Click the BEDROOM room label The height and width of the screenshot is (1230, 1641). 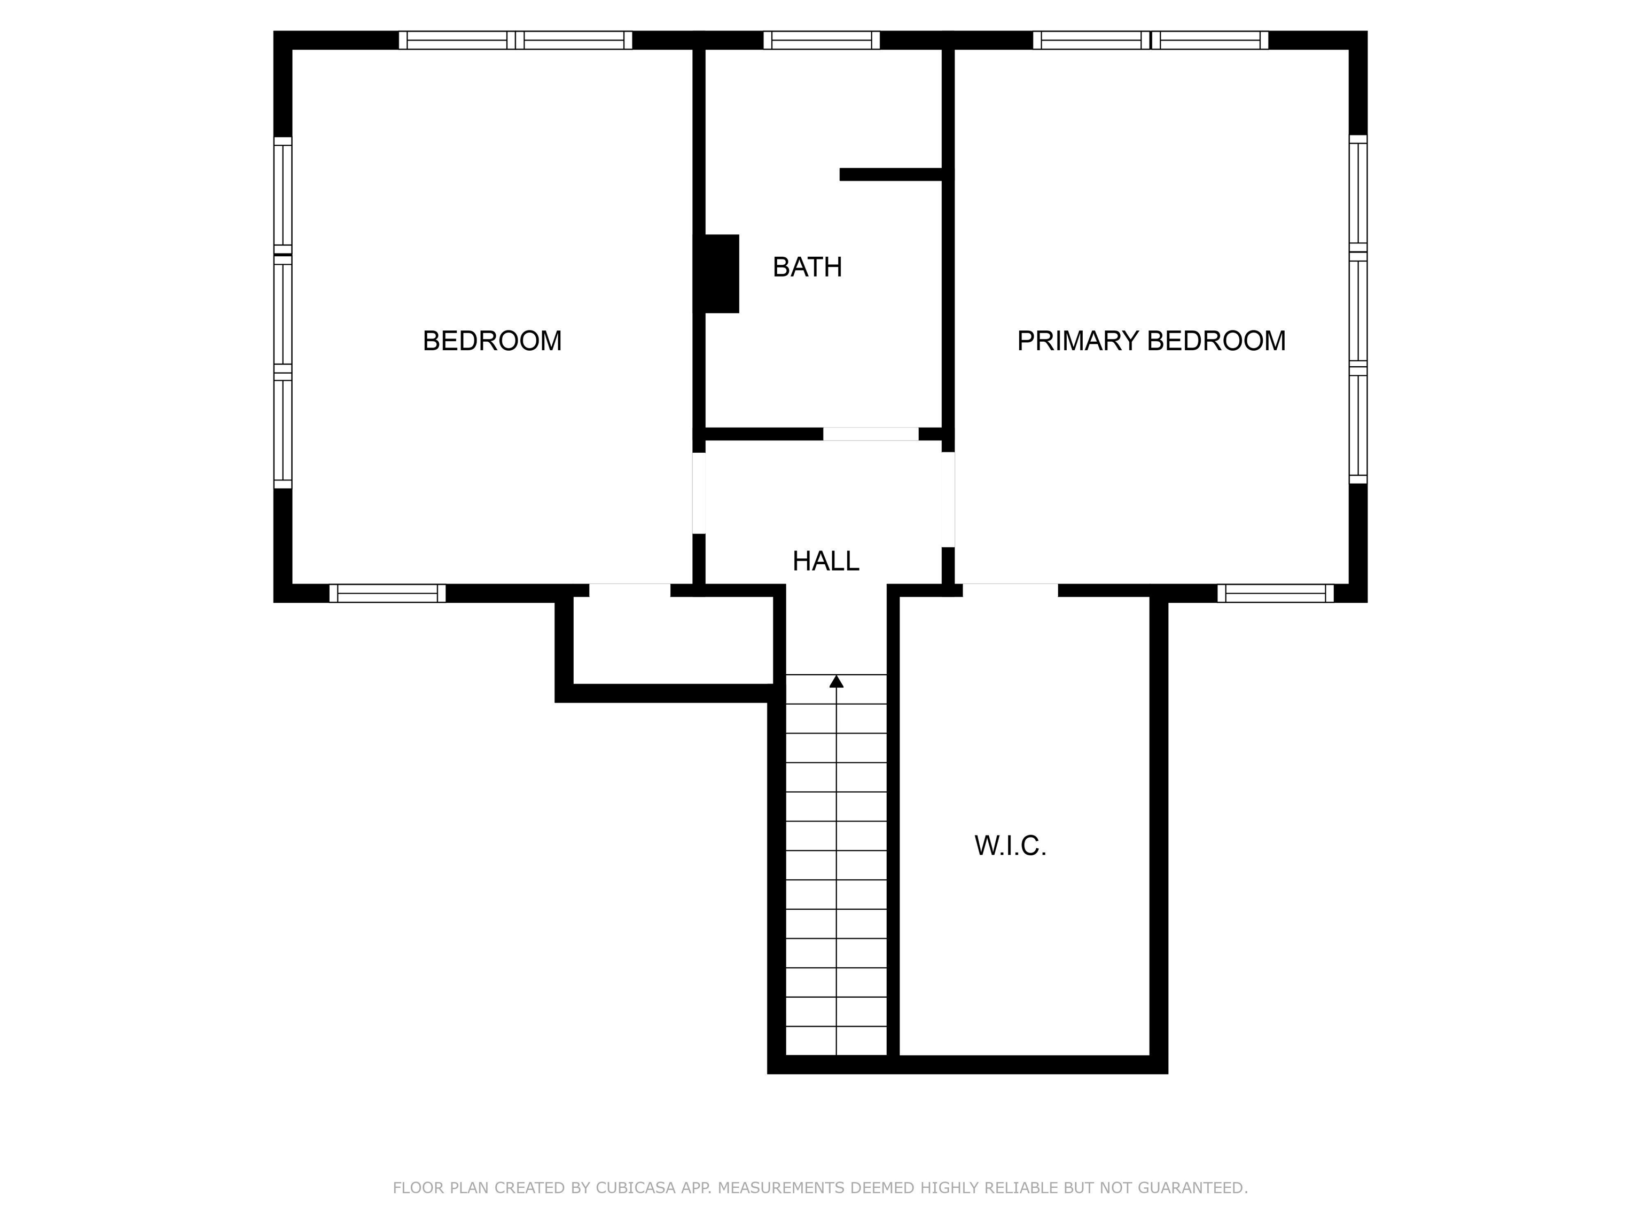(492, 341)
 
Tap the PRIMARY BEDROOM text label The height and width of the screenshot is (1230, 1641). (1151, 341)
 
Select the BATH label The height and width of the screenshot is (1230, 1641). (807, 267)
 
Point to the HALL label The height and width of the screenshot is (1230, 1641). (826, 561)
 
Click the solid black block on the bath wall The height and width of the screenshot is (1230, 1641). (717, 273)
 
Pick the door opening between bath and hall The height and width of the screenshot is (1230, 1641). (871, 435)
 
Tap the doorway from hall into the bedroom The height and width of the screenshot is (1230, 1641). (699, 493)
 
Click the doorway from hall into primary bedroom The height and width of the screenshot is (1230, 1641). (948, 499)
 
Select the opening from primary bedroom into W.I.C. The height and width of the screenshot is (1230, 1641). (1011, 590)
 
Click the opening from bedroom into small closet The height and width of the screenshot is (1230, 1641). (630, 590)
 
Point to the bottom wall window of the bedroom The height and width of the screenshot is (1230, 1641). (387, 593)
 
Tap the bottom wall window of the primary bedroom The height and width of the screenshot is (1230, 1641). (1275, 593)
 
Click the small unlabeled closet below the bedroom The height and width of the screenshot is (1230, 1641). (674, 641)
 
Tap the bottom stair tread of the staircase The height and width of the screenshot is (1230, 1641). (836, 1041)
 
